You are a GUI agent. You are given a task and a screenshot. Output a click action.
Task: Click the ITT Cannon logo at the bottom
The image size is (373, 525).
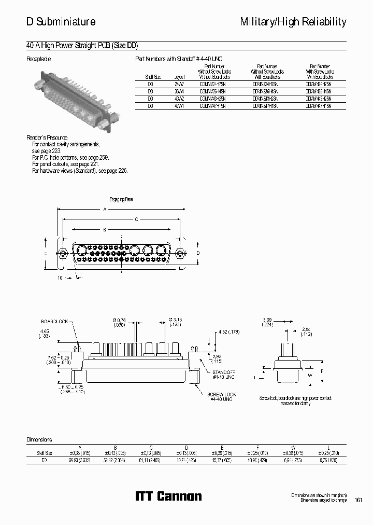click(x=168, y=496)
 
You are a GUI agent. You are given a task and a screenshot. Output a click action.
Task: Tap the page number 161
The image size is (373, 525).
click(x=358, y=500)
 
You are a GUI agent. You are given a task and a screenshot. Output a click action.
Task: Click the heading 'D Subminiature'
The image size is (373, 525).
click(x=61, y=22)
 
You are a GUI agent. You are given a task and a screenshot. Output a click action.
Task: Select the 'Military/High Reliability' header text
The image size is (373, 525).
click(x=293, y=22)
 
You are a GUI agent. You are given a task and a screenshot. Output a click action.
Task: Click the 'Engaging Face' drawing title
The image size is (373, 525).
click(x=121, y=199)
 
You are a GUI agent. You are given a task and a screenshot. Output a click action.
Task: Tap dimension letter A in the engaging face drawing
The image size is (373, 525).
click(x=105, y=210)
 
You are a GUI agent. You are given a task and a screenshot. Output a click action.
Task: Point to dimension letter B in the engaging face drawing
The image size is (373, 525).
click(x=105, y=229)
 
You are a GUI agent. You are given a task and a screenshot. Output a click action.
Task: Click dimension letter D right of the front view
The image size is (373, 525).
click(x=197, y=253)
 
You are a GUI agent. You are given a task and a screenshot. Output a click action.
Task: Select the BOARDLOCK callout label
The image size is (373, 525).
click(x=55, y=322)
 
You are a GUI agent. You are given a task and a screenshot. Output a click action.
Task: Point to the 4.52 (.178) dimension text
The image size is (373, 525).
click(x=228, y=331)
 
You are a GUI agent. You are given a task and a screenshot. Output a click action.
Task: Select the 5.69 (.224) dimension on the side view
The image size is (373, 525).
click(x=267, y=322)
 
